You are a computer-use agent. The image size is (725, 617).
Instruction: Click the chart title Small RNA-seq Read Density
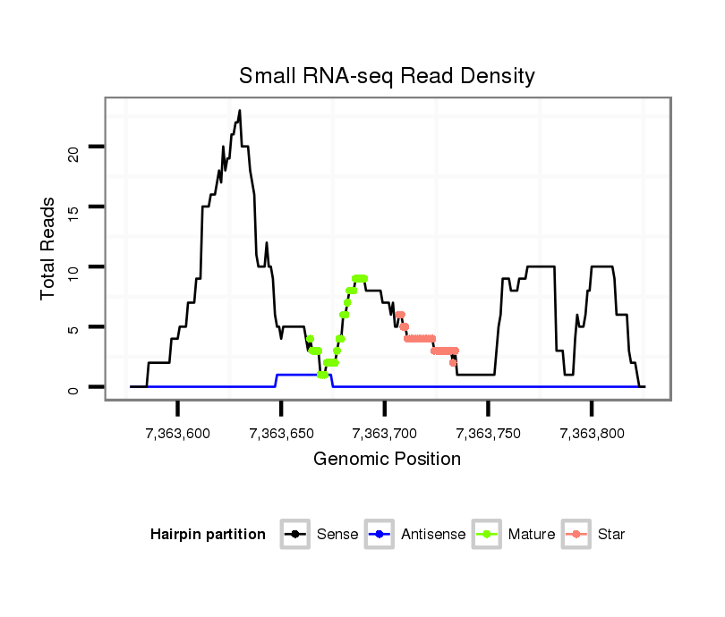pyautogui.click(x=387, y=76)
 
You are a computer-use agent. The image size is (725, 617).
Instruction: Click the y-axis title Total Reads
pyautogui.click(x=50, y=249)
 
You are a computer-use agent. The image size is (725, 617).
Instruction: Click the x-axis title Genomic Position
pyautogui.click(x=387, y=460)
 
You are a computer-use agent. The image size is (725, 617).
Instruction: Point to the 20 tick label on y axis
pyautogui.click(x=74, y=148)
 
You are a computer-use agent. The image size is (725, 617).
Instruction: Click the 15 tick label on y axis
pyautogui.click(x=74, y=207)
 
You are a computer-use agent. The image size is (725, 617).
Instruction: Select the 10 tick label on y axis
pyautogui.click(x=74, y=267)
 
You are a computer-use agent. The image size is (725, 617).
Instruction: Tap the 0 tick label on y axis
pyautogui.click(x=74, y=387)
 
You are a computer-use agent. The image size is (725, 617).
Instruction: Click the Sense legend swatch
pyautogui.click(x=295, y=535)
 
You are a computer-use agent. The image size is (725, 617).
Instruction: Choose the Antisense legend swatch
pyautogui.click(x=380, y=535)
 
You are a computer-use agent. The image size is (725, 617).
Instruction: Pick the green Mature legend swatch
pyautogui.click(x=487, y=535)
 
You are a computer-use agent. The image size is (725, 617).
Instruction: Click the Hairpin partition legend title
pyautogui.click(x=208, y=535)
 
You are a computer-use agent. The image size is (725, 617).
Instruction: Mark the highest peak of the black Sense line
pyautogui.click(x=240, y=111)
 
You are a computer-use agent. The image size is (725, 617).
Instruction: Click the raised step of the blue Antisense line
pyautogui.click(x=303, y=375)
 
